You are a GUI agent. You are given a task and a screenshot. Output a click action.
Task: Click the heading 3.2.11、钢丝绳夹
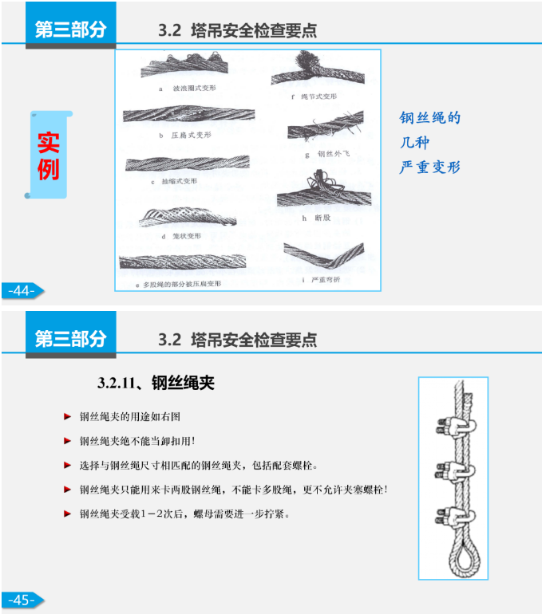pos(156,383)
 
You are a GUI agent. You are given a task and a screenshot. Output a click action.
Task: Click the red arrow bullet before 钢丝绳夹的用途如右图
pos(68,416)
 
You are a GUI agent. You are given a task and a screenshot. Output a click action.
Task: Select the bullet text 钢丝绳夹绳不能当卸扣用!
pos(137,440)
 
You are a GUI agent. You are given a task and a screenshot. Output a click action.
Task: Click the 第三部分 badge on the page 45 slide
pos(70,337)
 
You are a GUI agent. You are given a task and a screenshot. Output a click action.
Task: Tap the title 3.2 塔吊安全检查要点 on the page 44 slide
pos(237,31)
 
